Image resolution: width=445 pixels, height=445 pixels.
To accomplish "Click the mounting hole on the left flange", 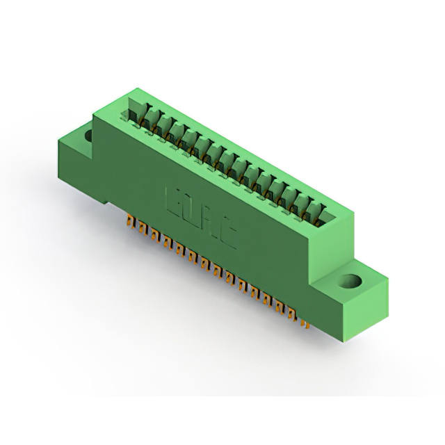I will (x=89, y=135).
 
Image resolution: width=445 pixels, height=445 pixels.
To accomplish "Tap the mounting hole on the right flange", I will (x=351, y=283).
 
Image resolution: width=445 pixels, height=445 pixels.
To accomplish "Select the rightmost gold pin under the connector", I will (x=305, y=323).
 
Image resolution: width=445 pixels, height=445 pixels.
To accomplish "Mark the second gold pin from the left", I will (x=141, y=230).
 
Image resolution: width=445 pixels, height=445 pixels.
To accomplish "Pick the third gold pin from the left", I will (x=153, y=236).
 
